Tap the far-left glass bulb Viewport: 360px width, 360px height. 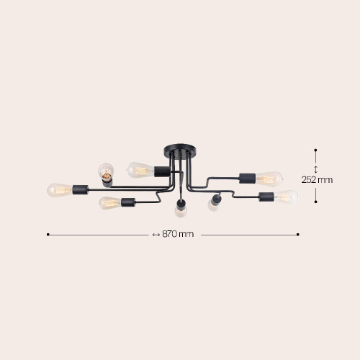59,190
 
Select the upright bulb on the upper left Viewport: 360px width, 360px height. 106,171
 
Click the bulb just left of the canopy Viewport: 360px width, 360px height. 138,170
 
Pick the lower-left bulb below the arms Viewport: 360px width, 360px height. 109,203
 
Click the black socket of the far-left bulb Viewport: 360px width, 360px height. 80,190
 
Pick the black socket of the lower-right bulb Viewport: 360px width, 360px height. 265,196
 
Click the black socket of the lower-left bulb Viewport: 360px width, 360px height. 129,203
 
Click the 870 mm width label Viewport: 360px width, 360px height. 179,234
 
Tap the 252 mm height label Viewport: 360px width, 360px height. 317,180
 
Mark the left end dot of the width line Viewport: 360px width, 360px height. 48,234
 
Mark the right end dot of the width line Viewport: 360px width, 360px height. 298,234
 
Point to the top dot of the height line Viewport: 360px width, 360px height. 316,150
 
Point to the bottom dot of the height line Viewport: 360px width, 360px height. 316,201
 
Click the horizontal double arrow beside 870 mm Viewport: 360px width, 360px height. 156,234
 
